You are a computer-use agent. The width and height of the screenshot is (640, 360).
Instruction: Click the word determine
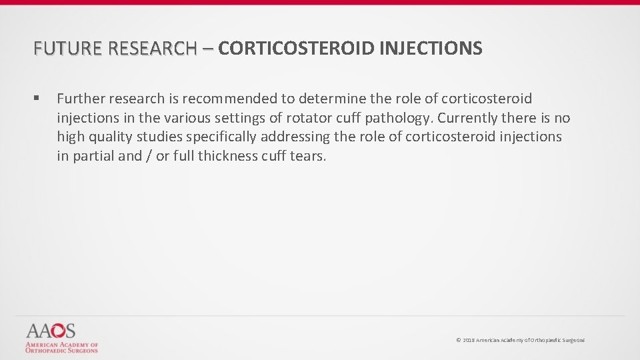point(331,99)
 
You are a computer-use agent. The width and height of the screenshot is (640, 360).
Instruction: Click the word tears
point(308,157)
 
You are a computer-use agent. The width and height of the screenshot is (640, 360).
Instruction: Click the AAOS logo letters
point(51,331)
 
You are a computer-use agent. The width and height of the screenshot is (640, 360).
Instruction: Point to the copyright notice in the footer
point(520,340)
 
